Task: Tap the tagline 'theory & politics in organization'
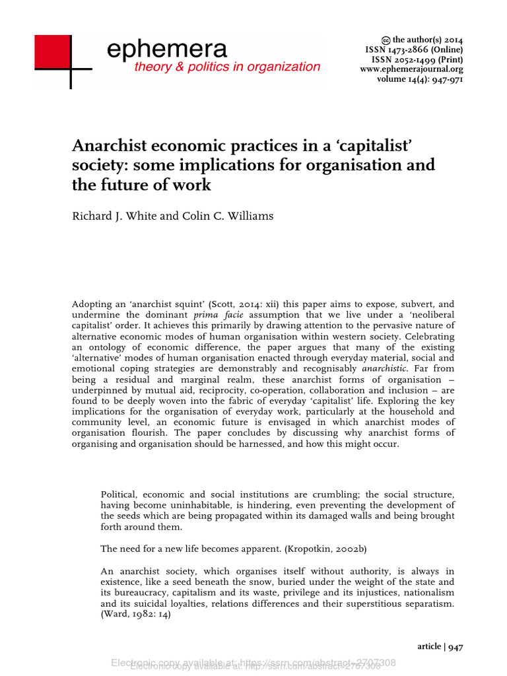click(x=227, y=67)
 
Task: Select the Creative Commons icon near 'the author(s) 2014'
click(x=386, y=40)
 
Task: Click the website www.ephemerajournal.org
click(x=411, y=69)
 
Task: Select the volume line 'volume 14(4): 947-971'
click(x=420, y=79)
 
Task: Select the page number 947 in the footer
click(x=456, y=648)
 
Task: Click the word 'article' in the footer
click(x=429, y=648)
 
